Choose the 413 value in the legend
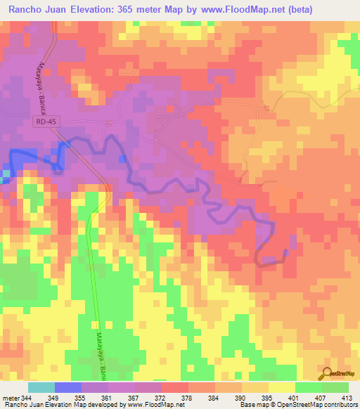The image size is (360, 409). pyautogui.click(x=347, y=398)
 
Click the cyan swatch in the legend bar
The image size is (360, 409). pyautogui.click(x=41, y=387)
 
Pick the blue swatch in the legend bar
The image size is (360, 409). pyautogui.click(x=68, y=387)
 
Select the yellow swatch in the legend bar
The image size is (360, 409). pyautogui.click(x=282, y=387)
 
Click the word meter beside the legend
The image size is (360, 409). pyautogui.click(x=11, y=398)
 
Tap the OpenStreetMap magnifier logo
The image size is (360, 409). pyautogui.click(x=327, y=373)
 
